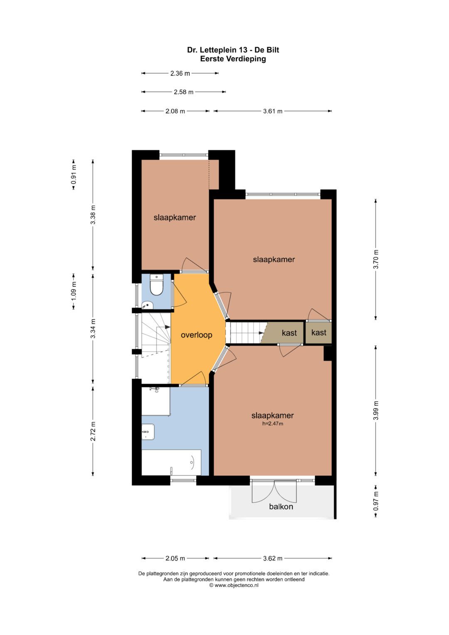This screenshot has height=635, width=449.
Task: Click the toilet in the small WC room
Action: tap(156, 284)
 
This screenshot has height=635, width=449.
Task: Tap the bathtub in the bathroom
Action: tap(171, 462)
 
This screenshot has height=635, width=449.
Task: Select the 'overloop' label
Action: tap(196, 335)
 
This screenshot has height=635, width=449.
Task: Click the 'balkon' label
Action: tap(281, 507)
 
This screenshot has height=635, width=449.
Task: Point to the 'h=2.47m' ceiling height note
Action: tap(272, 424)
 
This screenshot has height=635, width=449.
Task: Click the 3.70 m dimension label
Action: tap(376, 259)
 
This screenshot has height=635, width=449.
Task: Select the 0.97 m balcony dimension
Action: tap(376, 501)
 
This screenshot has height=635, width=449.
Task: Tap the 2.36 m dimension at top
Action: tap(180, 74)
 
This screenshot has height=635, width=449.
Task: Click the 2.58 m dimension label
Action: tap(184, 92)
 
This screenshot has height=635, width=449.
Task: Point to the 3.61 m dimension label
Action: tap(273, 111)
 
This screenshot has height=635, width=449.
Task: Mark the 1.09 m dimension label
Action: tap(74, 291)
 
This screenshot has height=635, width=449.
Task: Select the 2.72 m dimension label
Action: tap(93, 431)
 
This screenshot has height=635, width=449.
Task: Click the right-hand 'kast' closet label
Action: tap(318, 333)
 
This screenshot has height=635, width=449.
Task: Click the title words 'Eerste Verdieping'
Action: tap(233, 59)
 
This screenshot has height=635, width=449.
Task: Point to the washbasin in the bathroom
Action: tap(148, 432)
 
